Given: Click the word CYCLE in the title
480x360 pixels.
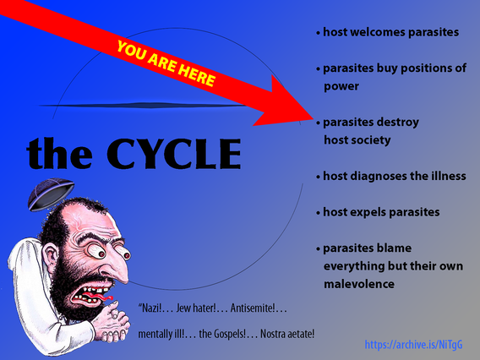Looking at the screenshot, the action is [174, 154].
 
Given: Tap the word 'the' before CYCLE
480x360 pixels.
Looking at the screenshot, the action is [59, 153].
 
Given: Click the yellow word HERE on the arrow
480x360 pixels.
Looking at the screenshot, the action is [198, 74].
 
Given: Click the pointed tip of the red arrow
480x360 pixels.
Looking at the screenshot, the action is [314, 117].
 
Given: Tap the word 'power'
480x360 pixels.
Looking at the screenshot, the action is [341, 87].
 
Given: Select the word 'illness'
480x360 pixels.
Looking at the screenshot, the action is [449, 176].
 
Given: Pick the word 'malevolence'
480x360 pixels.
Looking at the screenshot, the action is [359, 284].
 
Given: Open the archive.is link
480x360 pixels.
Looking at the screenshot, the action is [413, 345].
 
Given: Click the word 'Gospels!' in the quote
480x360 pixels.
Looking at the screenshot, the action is [222, 334].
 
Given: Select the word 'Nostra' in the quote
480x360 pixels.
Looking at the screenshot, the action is [272, 334].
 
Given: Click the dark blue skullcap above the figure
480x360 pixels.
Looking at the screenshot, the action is [51, 194].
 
